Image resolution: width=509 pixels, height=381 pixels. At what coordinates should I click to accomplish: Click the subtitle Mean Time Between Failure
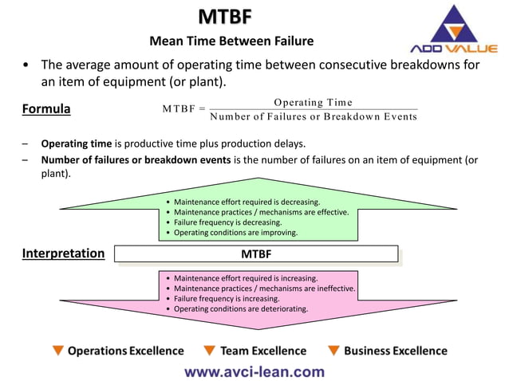pos(231,41)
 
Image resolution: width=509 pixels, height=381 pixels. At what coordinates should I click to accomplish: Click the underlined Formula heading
pos(46,108)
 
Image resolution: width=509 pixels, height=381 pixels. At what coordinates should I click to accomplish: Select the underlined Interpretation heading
pos(63,253)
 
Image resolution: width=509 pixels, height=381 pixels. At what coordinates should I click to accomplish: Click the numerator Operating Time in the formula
pos(313,102)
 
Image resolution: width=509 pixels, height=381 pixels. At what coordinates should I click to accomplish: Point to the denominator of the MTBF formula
pos(313,116)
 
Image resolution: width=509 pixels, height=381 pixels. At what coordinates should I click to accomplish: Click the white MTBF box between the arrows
pos(255,254)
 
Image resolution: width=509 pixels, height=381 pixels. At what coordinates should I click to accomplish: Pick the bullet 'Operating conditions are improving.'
pos(235,233)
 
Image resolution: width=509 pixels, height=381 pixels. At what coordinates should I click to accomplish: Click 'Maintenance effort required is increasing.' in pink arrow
pos(246,278)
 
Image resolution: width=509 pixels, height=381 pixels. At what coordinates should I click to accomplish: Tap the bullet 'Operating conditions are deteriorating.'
pos(241,308)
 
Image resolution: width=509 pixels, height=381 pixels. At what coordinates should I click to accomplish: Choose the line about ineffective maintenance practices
pos(264,288)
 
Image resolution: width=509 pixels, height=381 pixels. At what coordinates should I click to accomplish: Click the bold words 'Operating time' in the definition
pos(77,144)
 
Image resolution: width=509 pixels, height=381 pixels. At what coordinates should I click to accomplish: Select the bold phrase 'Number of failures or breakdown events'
pos(136,160)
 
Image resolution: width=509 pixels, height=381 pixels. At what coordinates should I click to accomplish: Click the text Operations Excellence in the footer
pos(125,351)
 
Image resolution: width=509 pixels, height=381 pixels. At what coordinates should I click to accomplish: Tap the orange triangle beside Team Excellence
pos(209,351)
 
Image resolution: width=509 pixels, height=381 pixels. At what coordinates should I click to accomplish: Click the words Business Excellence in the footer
pos(396,351)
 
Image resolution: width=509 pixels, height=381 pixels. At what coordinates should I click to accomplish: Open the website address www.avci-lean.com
pos(254,371)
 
